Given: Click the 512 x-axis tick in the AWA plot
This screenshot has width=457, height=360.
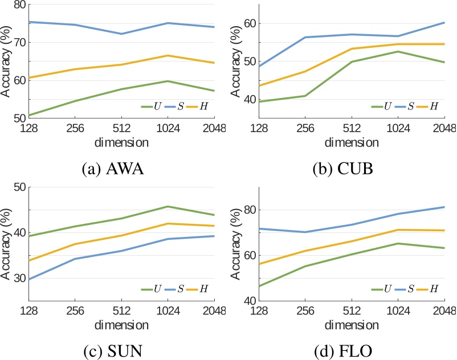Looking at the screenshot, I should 121,129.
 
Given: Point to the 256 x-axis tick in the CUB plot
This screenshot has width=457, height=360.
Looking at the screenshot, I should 305,129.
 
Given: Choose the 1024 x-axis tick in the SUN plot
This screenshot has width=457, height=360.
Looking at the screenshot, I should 168,312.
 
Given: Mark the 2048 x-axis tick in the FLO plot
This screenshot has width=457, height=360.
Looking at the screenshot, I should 444,312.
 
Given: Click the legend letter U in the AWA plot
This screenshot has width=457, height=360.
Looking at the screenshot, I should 157,106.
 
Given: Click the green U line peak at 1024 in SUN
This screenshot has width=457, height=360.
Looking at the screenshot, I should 168,206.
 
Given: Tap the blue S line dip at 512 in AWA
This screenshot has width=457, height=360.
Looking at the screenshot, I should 121,34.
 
